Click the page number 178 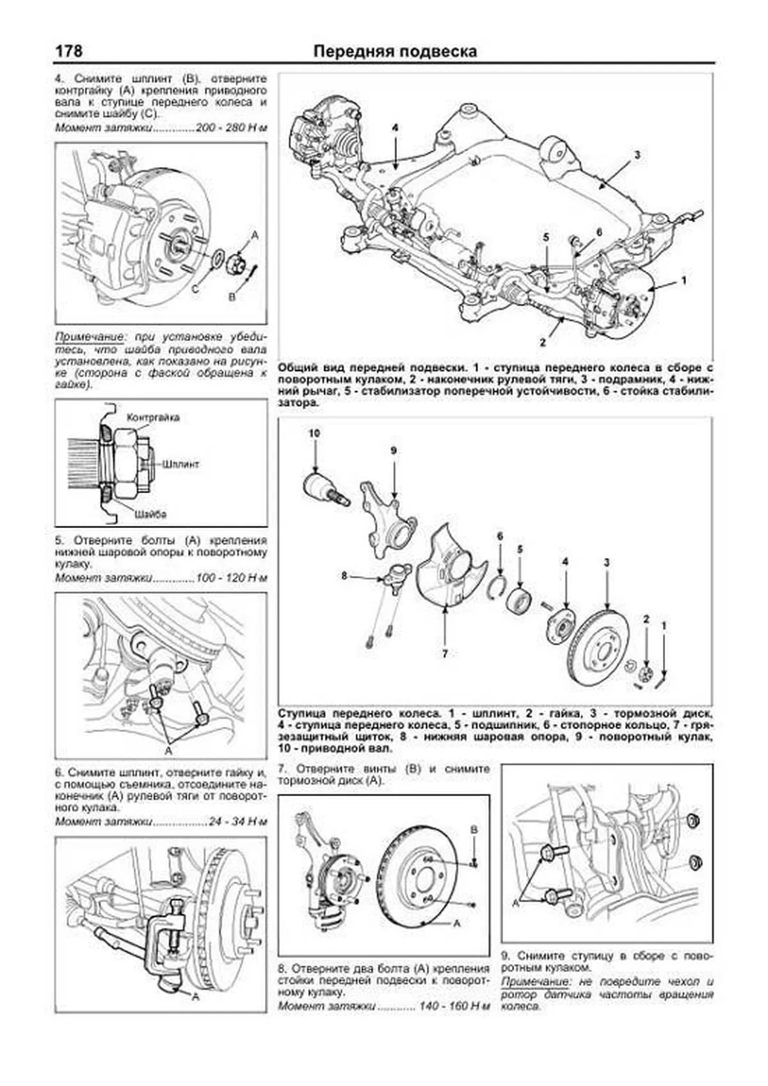68,50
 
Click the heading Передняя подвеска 395,51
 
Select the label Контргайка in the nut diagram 153,418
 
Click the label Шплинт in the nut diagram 181,463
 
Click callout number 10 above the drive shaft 314,433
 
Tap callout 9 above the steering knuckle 394,451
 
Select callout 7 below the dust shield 444,653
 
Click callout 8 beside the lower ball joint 344,576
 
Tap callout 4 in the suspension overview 395,128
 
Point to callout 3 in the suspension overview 637,154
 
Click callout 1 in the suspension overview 684,280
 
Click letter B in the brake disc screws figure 474,829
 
